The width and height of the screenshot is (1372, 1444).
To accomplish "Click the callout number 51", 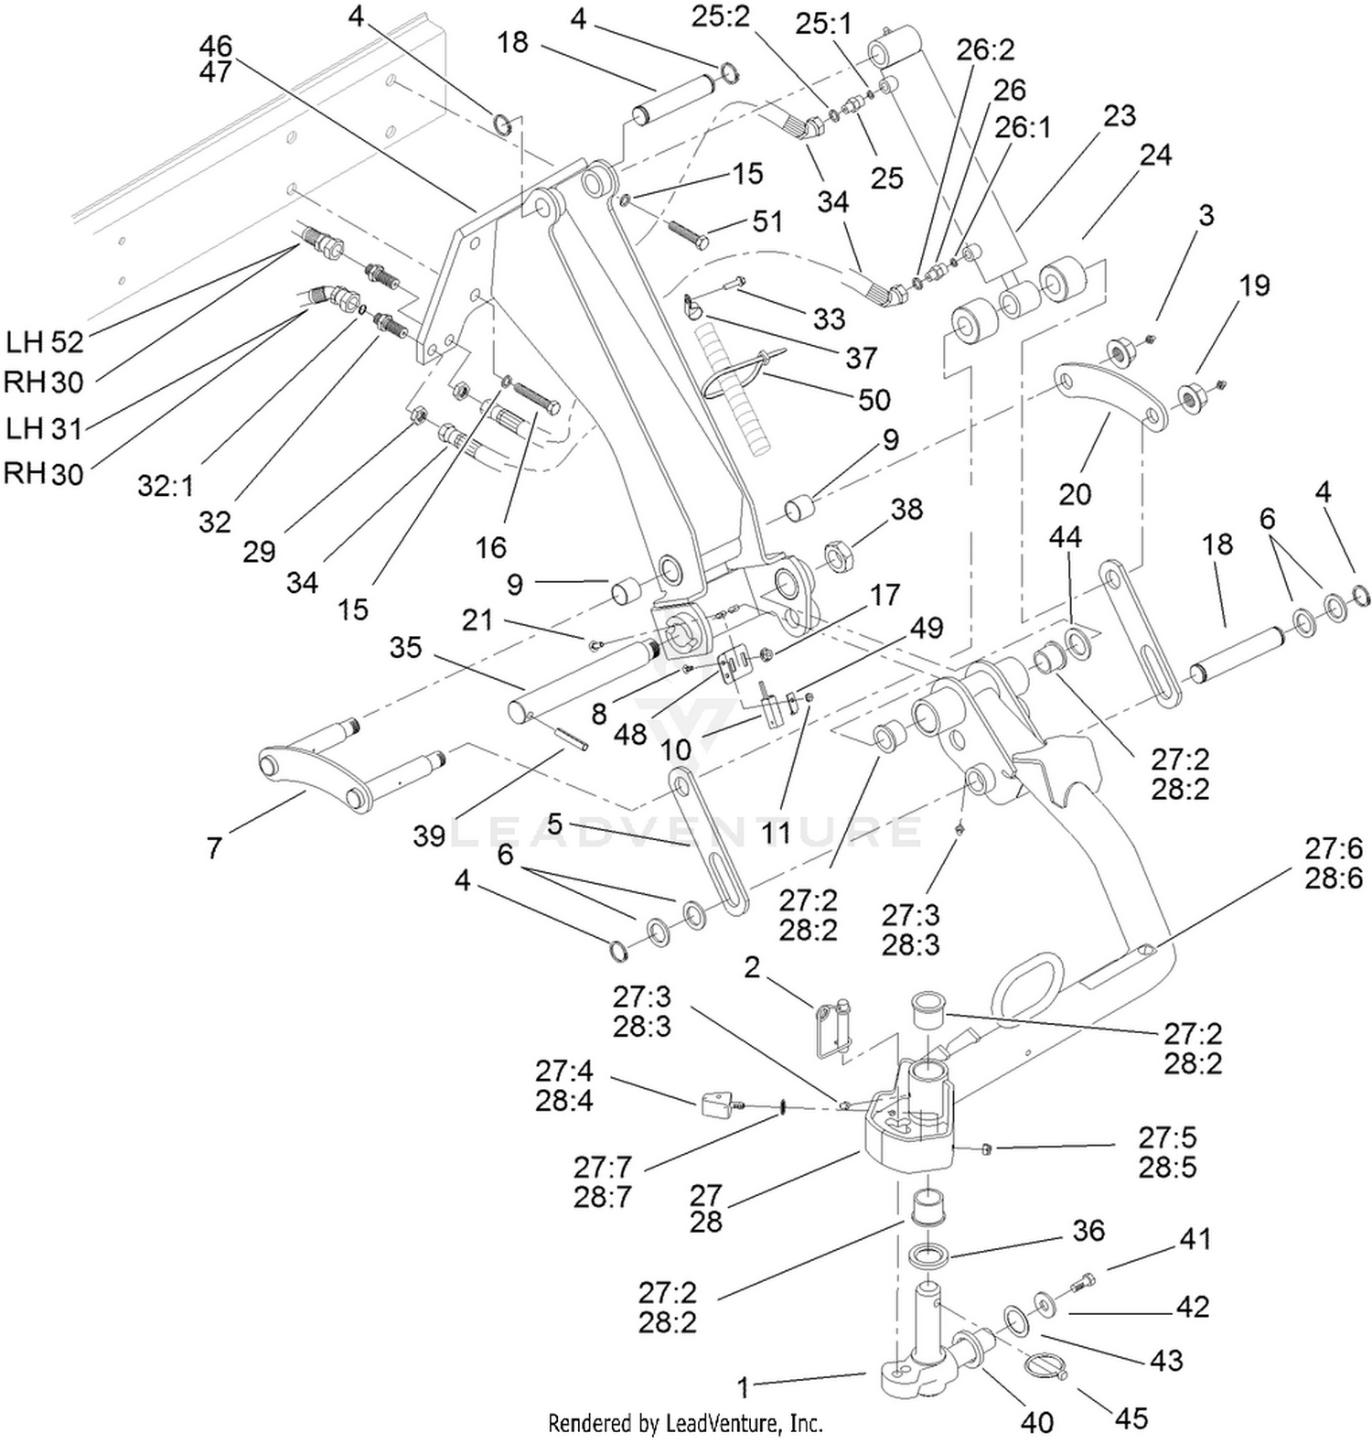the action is point(767,221).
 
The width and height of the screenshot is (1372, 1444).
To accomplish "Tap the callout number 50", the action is point(874,400).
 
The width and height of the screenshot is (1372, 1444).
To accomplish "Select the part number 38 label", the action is point(906,509).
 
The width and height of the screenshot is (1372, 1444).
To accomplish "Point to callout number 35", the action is point(406,647).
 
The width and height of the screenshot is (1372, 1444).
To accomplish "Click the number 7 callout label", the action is point(214,848).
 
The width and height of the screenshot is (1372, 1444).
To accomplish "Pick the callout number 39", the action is point(429,835).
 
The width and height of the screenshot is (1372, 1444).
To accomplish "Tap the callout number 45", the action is point(1131,1418).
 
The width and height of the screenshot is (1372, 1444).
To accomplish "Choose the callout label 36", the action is point(1088,1231).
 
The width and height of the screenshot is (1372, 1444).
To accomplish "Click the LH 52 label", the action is point(45,342).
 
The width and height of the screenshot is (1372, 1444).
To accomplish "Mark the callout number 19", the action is point(1254,286).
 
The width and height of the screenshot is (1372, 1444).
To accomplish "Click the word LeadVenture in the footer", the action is point(723,1424).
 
